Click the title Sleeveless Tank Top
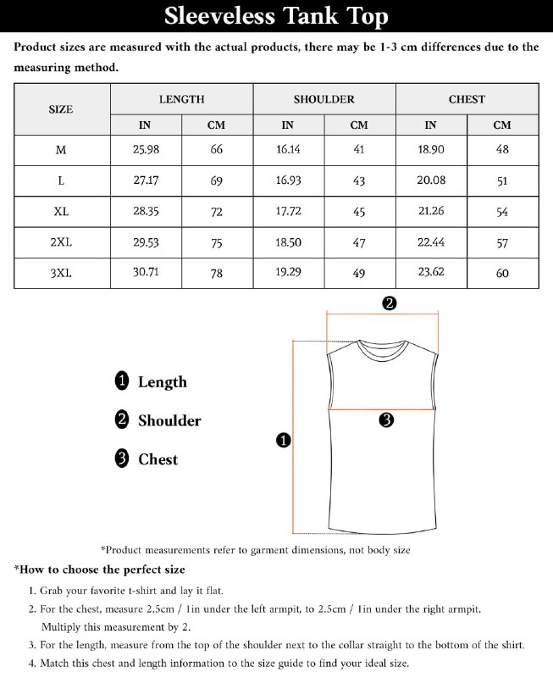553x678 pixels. click(276, 17)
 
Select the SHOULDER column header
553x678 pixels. click(324, 99)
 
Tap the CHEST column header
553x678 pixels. click(467, 99)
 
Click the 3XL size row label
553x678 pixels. click(61, 273)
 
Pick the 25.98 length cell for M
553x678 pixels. click(146, 149)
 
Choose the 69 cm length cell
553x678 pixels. click(217, 181)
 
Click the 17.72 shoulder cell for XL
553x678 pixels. click(288, 211)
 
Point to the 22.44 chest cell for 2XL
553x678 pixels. click(431, 242)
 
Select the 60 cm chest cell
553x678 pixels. click(502, 273)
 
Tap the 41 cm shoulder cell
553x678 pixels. click(359, 149)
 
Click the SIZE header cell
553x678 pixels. click(61, 109)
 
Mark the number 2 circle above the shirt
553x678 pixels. click(390, 303)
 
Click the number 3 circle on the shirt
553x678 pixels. click(386, 420)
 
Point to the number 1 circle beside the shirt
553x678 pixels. click(284, 439)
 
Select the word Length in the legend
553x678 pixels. click(162, 382)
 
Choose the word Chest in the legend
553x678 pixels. click(158, 459)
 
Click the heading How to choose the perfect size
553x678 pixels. click(100, 570)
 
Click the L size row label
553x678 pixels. click(61, 181)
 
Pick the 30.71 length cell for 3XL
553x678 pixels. click(146, 273)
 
